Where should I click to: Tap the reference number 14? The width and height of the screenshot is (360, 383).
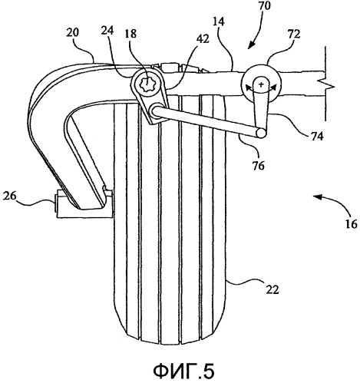pyautogui.click(x=218, y=22)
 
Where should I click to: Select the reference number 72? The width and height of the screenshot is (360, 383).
pyautogui.click(x=293, y=35)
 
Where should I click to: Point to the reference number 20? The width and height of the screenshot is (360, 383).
pyautogui.click(x=73, y=33)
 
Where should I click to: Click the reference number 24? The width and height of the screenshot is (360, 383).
pyautogui.click(x=108, y=31)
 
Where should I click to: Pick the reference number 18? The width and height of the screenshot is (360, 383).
pyautogui.click(x=130, y=34)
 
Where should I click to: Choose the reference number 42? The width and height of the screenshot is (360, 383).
pyautogui.click(x=203, y=38)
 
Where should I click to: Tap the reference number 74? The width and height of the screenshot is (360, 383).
pyautogui.click(x=316, y=136)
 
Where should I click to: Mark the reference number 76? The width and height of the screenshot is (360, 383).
pyautogui.click(x=258, y=166)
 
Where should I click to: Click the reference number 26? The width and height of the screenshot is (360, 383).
pyautogui.click(x=9, y=196)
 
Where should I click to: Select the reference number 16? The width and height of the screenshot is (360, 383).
pyautogui.click(x=351, y=224)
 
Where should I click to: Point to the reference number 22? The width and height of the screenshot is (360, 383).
pyautogui.click(x=272, y=289)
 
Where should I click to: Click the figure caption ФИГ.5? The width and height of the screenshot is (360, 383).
pyautogui.click(x=183, y=371)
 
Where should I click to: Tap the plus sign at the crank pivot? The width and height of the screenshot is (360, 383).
pyautogui.click(x=261, y=84)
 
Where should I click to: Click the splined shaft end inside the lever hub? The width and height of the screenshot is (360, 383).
pyautogui.click(x=147, y=84)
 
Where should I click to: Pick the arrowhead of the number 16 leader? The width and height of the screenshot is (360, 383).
pyautogui.click(x=316, y=196)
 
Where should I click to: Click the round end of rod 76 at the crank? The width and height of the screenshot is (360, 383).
pyautogui.click(x=261, y=134)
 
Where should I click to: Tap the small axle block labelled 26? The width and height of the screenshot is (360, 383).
pyautogui.click(x=84, y=204)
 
